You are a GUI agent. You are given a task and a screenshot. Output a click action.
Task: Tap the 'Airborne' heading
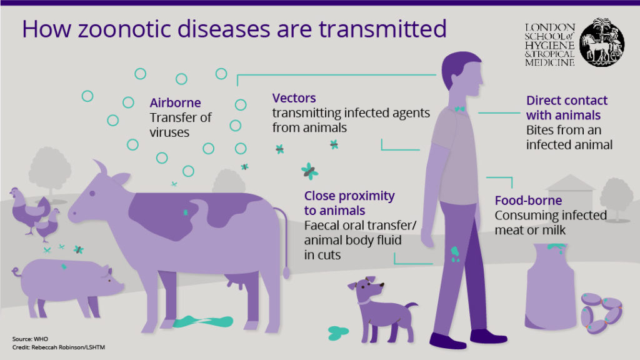[175, 102]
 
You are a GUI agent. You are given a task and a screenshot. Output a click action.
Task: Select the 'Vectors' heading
[294, 98]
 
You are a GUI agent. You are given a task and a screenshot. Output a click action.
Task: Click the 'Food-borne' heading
[528, 201]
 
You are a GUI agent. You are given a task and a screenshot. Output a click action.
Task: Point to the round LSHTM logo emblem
[602, 42]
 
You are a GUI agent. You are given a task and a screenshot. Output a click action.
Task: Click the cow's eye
[92, 194]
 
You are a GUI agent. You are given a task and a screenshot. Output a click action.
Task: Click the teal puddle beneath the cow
[203, 322]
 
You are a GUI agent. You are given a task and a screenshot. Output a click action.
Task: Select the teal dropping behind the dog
[337, 332]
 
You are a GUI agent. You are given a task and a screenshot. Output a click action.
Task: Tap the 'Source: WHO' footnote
[30, 339]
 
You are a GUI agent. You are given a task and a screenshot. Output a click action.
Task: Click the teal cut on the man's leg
[455, 254]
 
